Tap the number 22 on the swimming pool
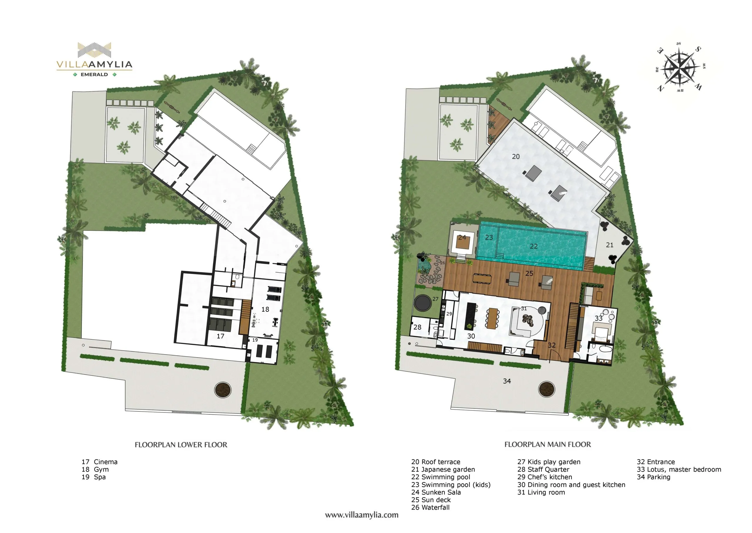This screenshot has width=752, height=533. pos(534,246)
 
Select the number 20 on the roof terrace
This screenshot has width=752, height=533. pos(516,156)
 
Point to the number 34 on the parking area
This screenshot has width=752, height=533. pos(507,381)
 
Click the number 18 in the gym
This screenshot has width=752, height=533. pos(265,309)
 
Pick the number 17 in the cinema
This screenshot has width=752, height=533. pos(220,336)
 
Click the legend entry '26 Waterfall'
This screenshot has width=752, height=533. pos(430,507)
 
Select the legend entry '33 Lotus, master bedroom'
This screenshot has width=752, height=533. pos(679,469)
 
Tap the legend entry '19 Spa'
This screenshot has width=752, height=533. pos(94,477)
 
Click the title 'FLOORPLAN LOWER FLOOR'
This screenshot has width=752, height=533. pos(181,445)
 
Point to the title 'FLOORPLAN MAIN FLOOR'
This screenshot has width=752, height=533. pos(548,444)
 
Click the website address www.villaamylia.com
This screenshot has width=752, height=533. pos(362,515)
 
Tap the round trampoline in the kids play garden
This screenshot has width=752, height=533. pos(423,303)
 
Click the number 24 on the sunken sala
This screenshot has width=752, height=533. pos(462,237)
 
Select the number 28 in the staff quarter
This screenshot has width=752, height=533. pos(417,327)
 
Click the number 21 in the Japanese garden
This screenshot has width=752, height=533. pos(610,245)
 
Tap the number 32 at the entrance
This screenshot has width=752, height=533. pos(551,345)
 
